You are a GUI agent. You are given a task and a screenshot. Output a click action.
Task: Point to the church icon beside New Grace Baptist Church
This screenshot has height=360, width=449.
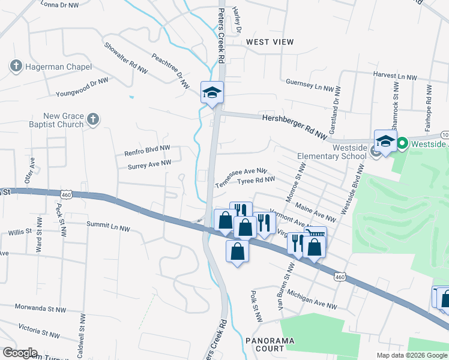click(92, 119)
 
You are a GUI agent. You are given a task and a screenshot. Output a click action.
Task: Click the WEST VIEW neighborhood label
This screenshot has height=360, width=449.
click(270, 42)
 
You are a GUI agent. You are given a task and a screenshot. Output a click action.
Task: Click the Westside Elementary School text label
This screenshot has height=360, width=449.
click(331, 152)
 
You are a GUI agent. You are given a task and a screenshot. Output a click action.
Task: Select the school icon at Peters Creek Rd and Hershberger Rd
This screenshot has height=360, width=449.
click(212, 92)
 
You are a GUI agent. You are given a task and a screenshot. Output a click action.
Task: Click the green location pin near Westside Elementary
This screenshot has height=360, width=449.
click(402, 143)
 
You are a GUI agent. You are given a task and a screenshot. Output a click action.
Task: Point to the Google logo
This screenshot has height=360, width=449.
click(20, 353)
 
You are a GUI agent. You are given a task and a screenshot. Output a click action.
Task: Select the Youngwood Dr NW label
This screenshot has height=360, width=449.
click(82, 87)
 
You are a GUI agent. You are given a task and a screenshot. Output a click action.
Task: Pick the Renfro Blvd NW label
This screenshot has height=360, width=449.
click(147, 149)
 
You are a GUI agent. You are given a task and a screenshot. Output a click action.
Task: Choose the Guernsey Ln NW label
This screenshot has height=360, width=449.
click(309, 85)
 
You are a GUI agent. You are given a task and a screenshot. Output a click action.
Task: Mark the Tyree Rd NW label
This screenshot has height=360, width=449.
click(256, 180)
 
